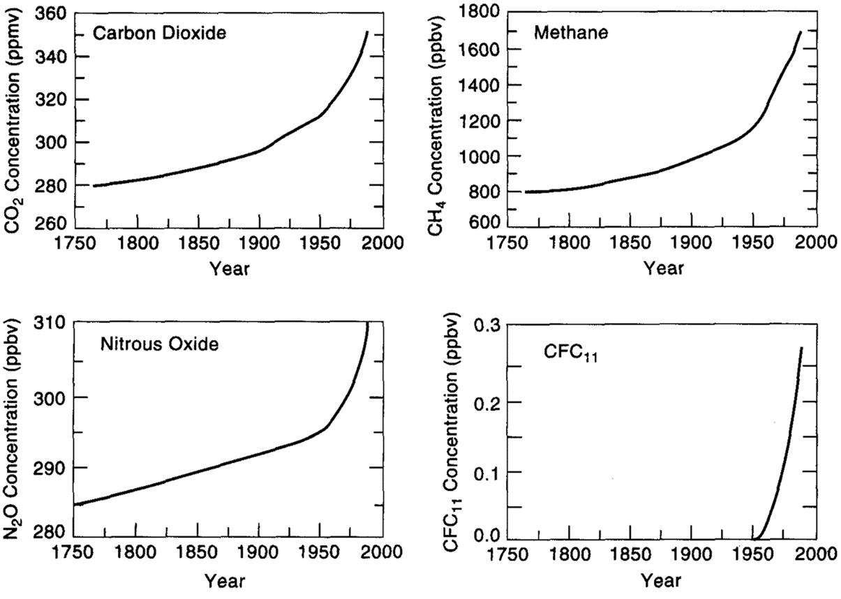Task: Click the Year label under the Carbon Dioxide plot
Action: [230, 268]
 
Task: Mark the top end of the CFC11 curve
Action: [801, 348]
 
